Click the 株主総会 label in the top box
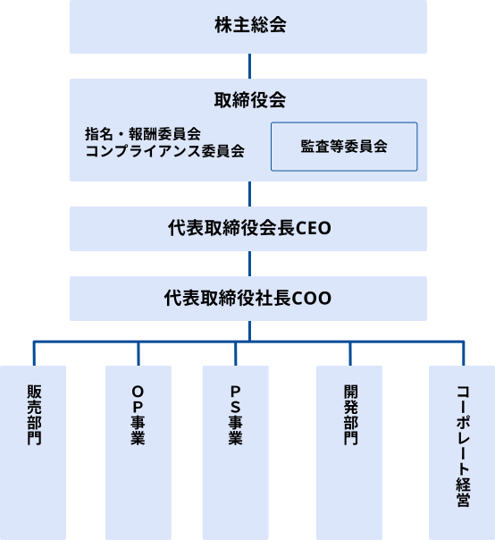250,25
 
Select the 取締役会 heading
250,100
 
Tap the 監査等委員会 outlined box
344,147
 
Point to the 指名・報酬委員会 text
143,134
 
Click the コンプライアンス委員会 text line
165,151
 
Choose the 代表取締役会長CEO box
248,229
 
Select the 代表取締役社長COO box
248,299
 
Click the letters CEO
314,228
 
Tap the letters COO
311,299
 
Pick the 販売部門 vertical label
34,415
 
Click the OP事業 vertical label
138,415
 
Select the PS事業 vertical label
236,415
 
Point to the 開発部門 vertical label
351,415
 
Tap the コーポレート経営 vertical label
464,446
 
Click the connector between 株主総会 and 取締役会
249,66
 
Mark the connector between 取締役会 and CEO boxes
249,194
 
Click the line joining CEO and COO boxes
249,264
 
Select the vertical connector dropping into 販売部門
34,354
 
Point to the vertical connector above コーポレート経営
464,354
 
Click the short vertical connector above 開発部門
350,354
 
